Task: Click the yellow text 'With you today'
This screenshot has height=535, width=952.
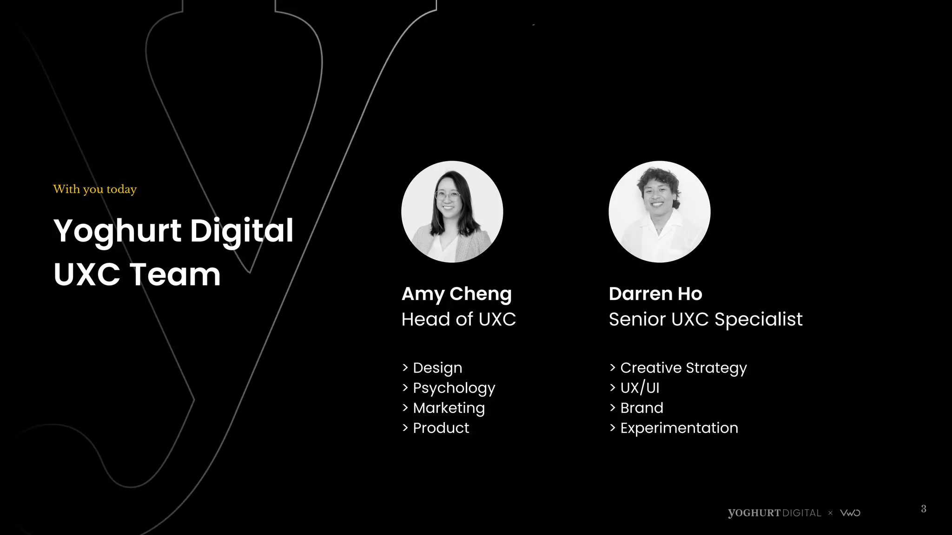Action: click(95, 189)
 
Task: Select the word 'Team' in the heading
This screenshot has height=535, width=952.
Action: click(175, 274)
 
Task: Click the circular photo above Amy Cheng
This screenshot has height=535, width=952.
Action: click(452, 212)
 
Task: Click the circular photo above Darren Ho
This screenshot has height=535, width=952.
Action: click(659, 212)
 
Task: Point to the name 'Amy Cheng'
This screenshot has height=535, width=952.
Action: click(456, 294)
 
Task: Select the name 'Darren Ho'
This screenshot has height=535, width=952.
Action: click(655, 294)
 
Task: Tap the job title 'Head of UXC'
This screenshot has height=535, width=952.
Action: click(458, 320)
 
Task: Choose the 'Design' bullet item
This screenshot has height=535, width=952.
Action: click(437, 368)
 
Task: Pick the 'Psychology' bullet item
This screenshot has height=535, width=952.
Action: click(454, 388)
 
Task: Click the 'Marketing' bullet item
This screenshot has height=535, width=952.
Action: click(449, 408)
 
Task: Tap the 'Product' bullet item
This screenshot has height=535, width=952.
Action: click(441, 428)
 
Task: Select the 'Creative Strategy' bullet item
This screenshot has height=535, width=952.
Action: click(683, 368)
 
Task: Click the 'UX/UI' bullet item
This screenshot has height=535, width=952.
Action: click(640, 388)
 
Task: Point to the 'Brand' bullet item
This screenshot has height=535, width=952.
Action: click(641, 408)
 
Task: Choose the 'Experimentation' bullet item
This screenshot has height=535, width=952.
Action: click(679, 428)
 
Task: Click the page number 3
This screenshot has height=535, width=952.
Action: click(924, 509)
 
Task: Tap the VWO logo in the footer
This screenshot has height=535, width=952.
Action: click(850, 513)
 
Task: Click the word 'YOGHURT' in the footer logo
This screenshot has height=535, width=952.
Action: click(754, 513)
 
